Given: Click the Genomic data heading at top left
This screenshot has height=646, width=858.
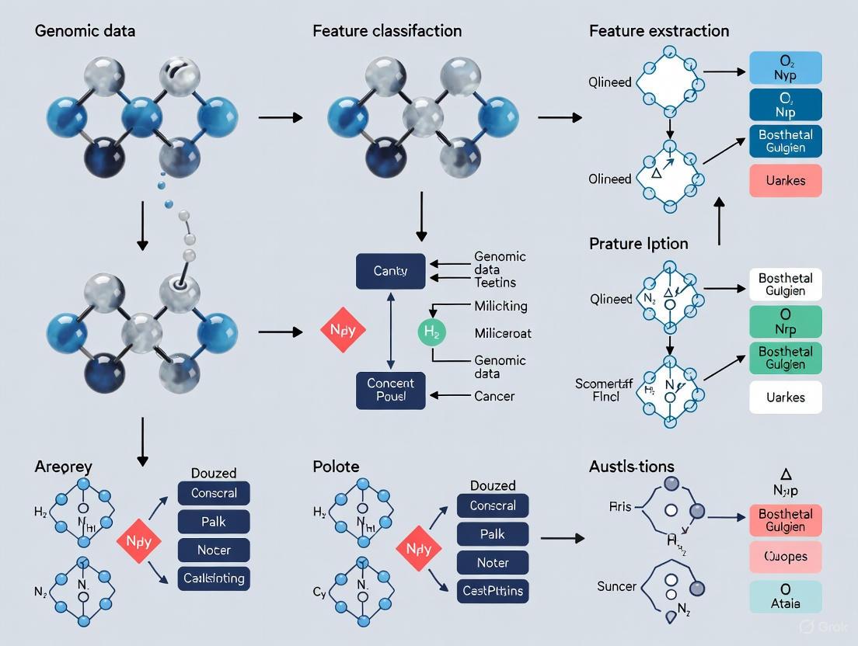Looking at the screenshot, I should click(x=85, y=32).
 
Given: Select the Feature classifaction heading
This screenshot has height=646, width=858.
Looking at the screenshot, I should click(x=387, y=32).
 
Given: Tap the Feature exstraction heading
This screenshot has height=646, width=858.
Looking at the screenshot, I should click(x=659, y=32).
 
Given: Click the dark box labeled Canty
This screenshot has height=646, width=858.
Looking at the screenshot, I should click(x=390, y=272).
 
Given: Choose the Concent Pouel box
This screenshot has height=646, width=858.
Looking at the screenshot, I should click(x=390, y=391).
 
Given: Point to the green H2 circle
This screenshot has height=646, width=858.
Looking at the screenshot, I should click(x=433, y=333).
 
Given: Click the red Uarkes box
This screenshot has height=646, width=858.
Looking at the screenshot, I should click(x=785, y=181).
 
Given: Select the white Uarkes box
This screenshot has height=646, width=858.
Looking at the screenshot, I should click(x=785, y=398).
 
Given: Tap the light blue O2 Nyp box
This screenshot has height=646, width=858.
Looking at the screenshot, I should click(x=785, y=68).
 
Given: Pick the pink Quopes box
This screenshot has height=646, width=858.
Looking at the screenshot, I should click(x=785, y=557).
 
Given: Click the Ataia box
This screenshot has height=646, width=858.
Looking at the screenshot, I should click(x=785, y=596).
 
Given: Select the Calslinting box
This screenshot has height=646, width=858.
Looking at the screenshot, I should click(x=214, y=578).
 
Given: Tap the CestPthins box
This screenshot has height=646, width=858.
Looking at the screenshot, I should click(x=493, y=591).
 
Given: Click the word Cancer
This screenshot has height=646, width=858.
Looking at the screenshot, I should click(x=494, y=396).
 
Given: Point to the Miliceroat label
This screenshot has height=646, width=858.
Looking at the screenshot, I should click(x=503, y=333).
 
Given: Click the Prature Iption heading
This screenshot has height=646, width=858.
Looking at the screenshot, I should click(x=638, y=244).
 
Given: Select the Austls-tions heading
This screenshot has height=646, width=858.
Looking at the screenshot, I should click(x=631, y=467).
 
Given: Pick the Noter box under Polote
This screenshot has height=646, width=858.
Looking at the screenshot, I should click(x=493, y=562).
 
